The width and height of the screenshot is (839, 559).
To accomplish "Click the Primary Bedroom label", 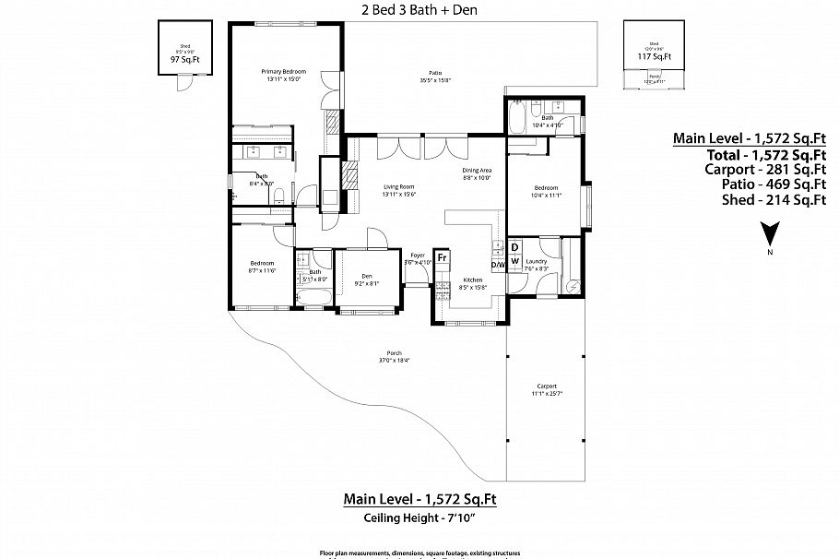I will tap(283, 72).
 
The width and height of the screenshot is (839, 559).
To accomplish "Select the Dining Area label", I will tap(478, 171).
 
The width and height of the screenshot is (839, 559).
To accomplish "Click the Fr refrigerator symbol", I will tap(443, 257).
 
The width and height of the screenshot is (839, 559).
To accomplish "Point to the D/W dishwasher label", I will tap(498, 264).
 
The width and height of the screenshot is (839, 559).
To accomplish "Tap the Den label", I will tap(366, 277).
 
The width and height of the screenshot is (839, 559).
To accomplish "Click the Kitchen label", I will tap(472, 280).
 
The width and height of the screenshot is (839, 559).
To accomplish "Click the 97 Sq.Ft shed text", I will tap(184, 60).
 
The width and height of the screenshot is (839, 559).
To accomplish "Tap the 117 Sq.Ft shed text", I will tap(654, 56).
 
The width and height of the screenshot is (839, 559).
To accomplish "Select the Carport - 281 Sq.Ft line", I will tap(749, 169).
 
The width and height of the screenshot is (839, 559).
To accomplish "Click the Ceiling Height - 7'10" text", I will tap(420, 518).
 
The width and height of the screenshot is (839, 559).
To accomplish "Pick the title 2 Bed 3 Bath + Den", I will tap(419, 10).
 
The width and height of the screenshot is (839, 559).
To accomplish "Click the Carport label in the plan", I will tap(546, 387).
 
